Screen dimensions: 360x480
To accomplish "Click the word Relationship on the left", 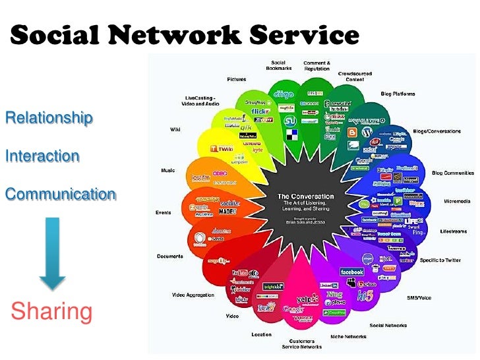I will (x=49, y=118).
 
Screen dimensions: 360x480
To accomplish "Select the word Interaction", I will (x=42, y=156).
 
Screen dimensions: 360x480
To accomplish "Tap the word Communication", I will (x=60, y=195).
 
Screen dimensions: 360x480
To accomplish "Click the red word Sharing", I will (x=52, y=311).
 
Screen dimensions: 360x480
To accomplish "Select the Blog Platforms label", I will (x=398, y=94).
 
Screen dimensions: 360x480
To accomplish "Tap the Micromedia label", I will (x=457, y=201).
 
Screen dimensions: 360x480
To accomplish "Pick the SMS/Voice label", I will (x=419, y=297).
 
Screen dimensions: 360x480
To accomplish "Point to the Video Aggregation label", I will (x=193, y=295).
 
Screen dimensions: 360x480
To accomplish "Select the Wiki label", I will (x=175, y=130).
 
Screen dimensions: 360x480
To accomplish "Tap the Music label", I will (x=168, y=170).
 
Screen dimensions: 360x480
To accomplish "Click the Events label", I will (x=164, y=212).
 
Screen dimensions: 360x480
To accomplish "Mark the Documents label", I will (x=170, y=256).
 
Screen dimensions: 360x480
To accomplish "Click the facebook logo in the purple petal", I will (x=351, y=272).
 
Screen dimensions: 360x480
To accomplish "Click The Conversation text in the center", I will (x=305, y=196).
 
